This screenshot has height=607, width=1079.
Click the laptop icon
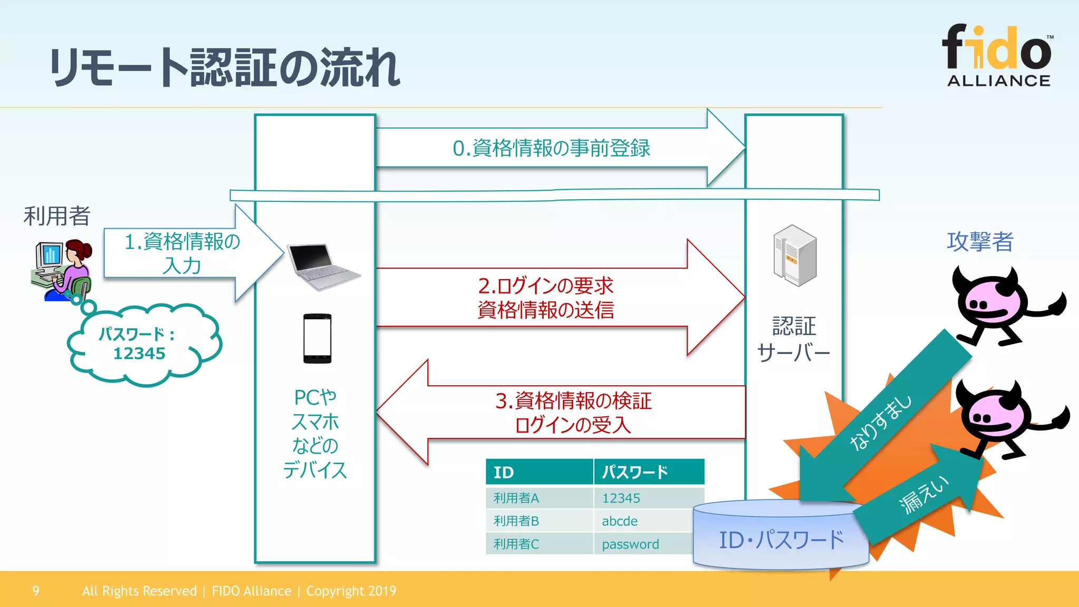coord(322,266)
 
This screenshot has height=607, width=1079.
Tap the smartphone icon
coord(317,338)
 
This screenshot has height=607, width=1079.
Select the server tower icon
coord(794,256)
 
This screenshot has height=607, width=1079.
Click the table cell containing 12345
coord(648,498)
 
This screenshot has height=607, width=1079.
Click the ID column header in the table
coord(538,472)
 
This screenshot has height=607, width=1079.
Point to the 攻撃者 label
coord(980,242)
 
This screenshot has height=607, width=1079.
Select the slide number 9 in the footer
coord(36,591)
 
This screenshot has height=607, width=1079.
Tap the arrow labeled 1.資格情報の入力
coord(184,253)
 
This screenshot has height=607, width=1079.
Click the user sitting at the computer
coord(62,270)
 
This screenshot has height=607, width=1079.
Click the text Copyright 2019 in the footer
coord(351,591)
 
